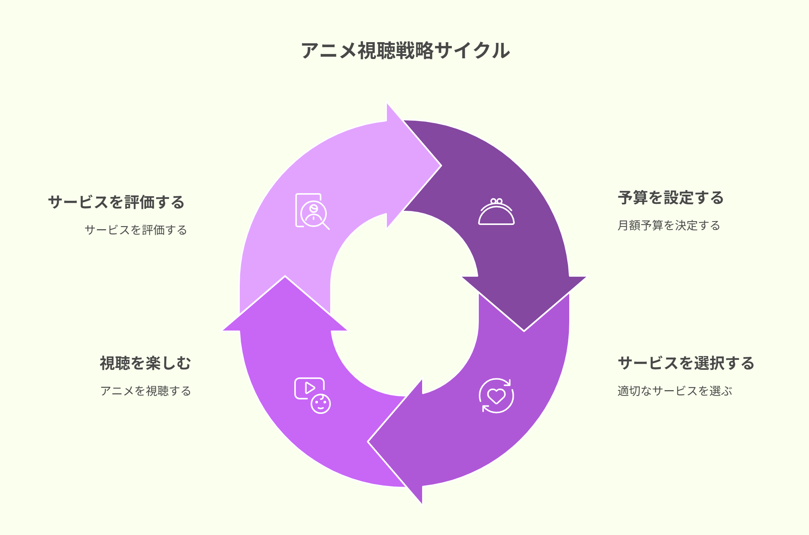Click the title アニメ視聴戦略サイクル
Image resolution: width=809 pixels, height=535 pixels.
pos(405,51)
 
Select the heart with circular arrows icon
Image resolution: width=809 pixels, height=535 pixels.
pos(496,396)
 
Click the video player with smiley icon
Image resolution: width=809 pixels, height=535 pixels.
pos(313,396)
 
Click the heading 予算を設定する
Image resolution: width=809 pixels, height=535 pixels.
pos(671,198)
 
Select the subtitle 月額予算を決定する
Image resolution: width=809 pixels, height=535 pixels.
pos(669,225)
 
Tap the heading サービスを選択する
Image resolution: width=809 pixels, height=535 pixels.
pos(686,363)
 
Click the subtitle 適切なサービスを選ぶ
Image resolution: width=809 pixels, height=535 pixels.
pos(675,391)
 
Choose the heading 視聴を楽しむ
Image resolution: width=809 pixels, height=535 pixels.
pos(146,363)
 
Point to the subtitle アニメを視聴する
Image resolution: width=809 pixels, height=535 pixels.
pos(146,391)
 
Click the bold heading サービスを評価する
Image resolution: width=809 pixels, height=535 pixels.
pos(116,202)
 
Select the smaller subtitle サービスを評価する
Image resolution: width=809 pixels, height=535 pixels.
pos(136,230)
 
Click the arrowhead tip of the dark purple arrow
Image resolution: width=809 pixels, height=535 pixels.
pos(524,331)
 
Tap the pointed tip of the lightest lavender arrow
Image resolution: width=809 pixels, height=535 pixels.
pos(441,166)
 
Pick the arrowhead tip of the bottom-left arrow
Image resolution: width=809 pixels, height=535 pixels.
pos(285,276)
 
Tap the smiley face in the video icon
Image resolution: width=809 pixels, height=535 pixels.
pos(321,404)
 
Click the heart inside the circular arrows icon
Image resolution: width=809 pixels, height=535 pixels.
pos(496,396)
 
